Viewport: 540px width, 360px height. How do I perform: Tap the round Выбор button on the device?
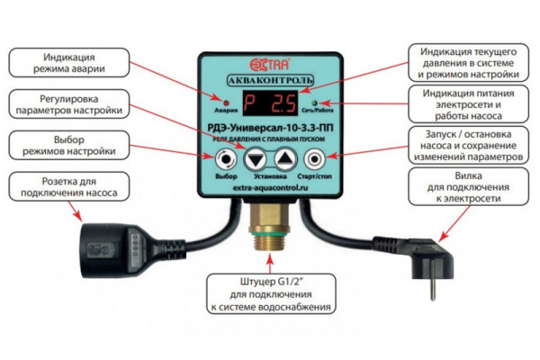tap(225, 160)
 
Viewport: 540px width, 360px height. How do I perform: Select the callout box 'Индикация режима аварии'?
tap(65, 65)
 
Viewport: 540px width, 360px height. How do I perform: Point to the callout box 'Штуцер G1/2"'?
tap(270, 296)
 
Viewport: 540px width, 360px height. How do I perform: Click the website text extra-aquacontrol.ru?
tap(269, 191)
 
